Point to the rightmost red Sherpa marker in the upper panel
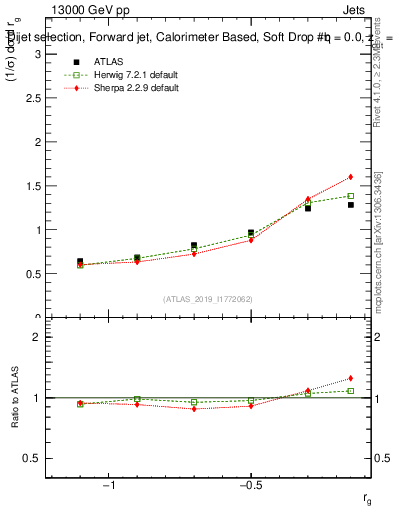click(x=351, y=177)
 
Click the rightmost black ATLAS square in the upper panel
click(x=351, y=205)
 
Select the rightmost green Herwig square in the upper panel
click(x=351, y=196)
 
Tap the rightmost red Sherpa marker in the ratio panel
click(x=351, y=378)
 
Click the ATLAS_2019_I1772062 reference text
click(x=208, y=299)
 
